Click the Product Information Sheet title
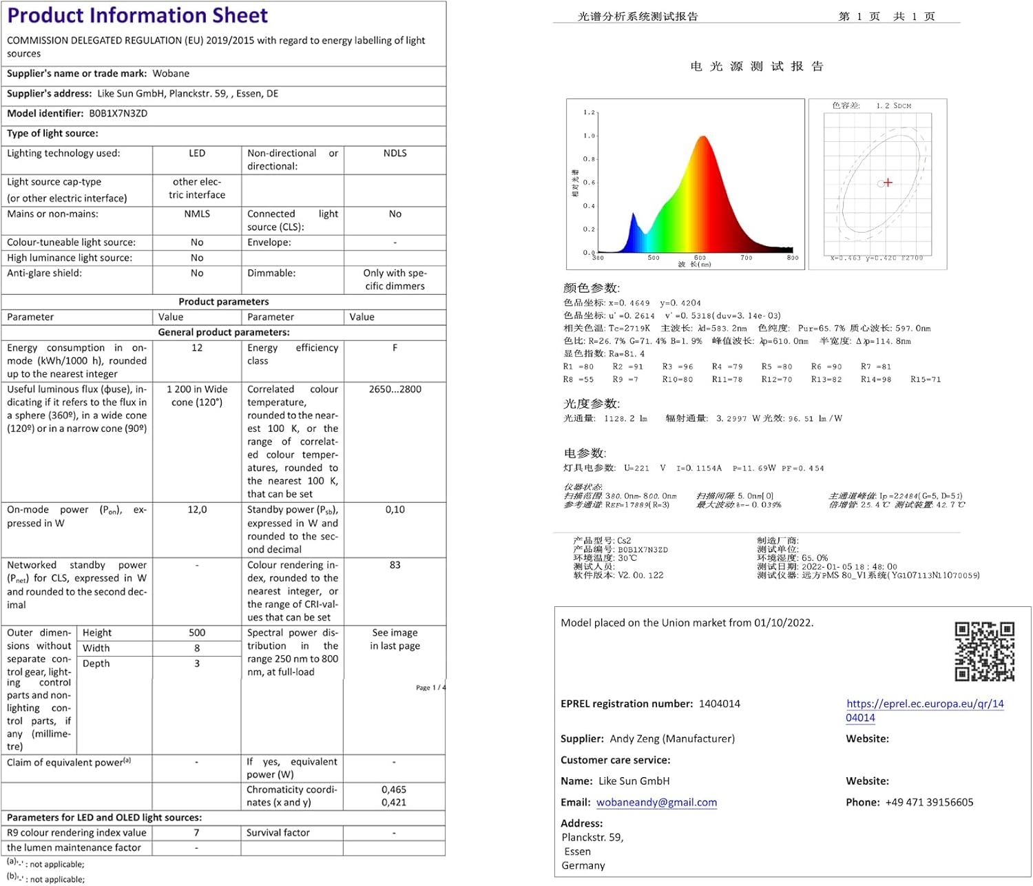point(138,15)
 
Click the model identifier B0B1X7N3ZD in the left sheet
point(118,114)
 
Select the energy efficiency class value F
point(395,348)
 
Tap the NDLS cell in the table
point(395,153)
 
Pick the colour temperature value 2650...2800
point(395,389)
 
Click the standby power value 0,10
point(395,510)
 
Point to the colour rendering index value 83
point(395,565)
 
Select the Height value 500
point(197,632)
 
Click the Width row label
point(96,648)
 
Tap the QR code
point(984,651)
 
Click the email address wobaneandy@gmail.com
point(656,803)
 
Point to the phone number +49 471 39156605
point(929,803)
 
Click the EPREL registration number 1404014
point(719,703)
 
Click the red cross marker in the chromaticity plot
point(888,183)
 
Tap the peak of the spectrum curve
point(702,137)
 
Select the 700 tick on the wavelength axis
point(747,258)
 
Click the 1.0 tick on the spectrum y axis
point(589,136)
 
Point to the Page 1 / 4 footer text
point(430,688)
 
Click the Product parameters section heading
point(224,302)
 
